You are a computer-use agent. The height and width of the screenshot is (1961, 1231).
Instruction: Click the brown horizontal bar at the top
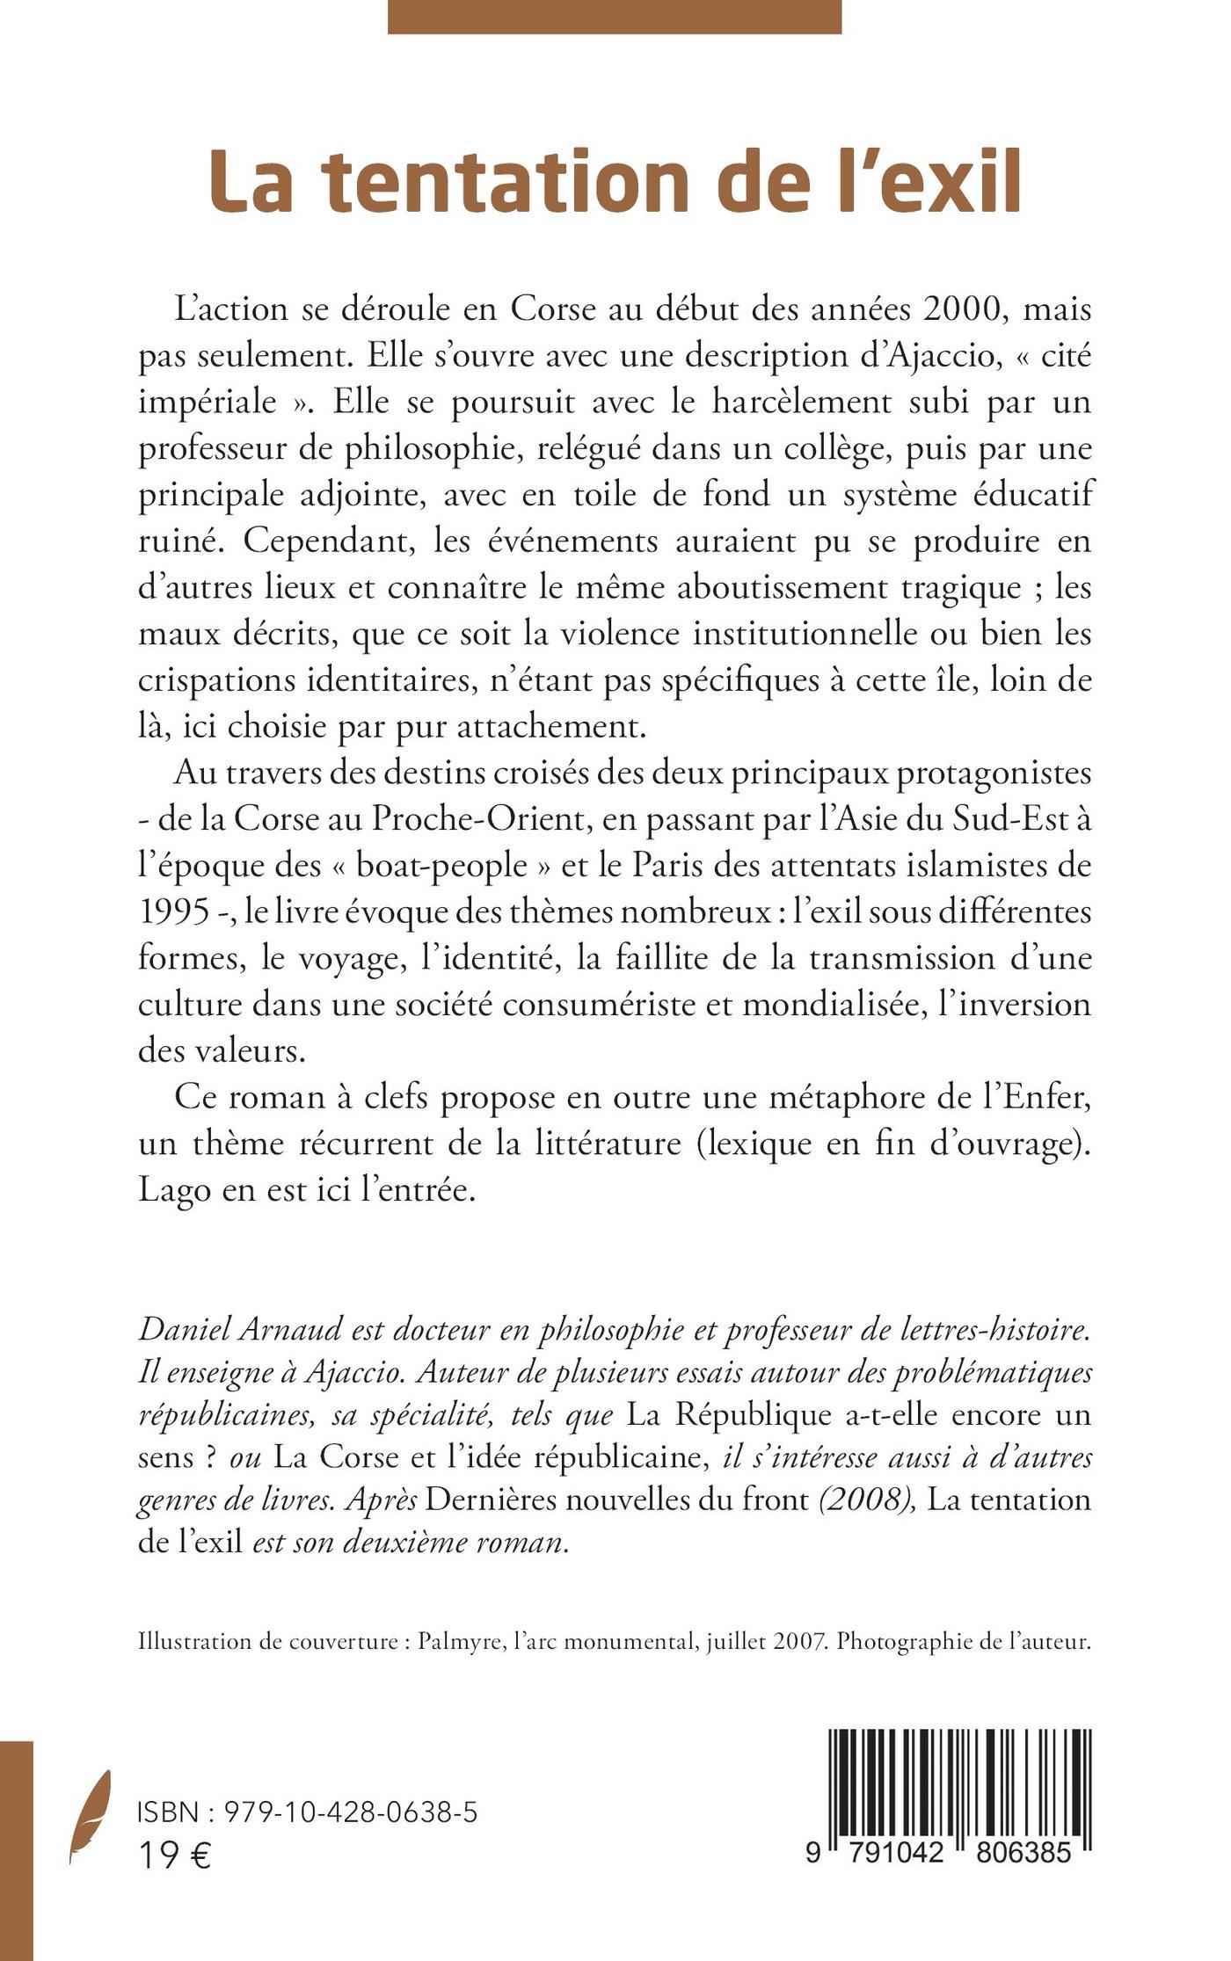pyautogui.click(x=615, y=17)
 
